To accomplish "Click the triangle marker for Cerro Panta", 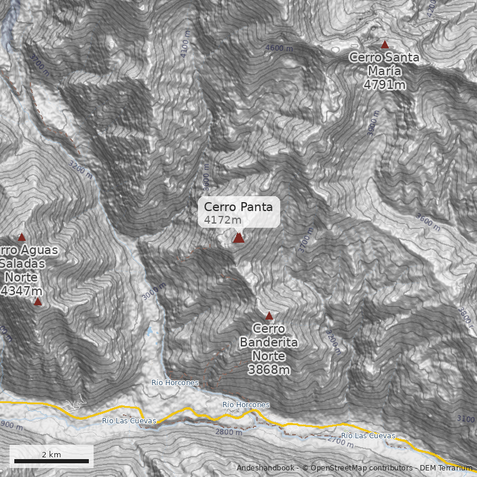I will click(238, 238).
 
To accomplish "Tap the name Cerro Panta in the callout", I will click(238, 207).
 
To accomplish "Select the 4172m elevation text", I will click(223, 220).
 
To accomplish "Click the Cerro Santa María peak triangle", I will click(385, 45).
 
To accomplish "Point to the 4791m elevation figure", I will click(384, 85).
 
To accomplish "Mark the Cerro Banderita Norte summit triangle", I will click(268, 315).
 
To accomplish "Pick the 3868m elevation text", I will click(268, 370).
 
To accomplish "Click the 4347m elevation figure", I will click(21, 291).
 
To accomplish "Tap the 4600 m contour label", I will click(280, 48).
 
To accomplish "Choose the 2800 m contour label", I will click(229, 432).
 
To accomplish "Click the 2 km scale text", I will click(51, 454).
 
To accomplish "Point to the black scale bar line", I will click(51, 461).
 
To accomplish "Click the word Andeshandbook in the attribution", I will click(266, 467).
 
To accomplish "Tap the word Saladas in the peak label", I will click(20, 263).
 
